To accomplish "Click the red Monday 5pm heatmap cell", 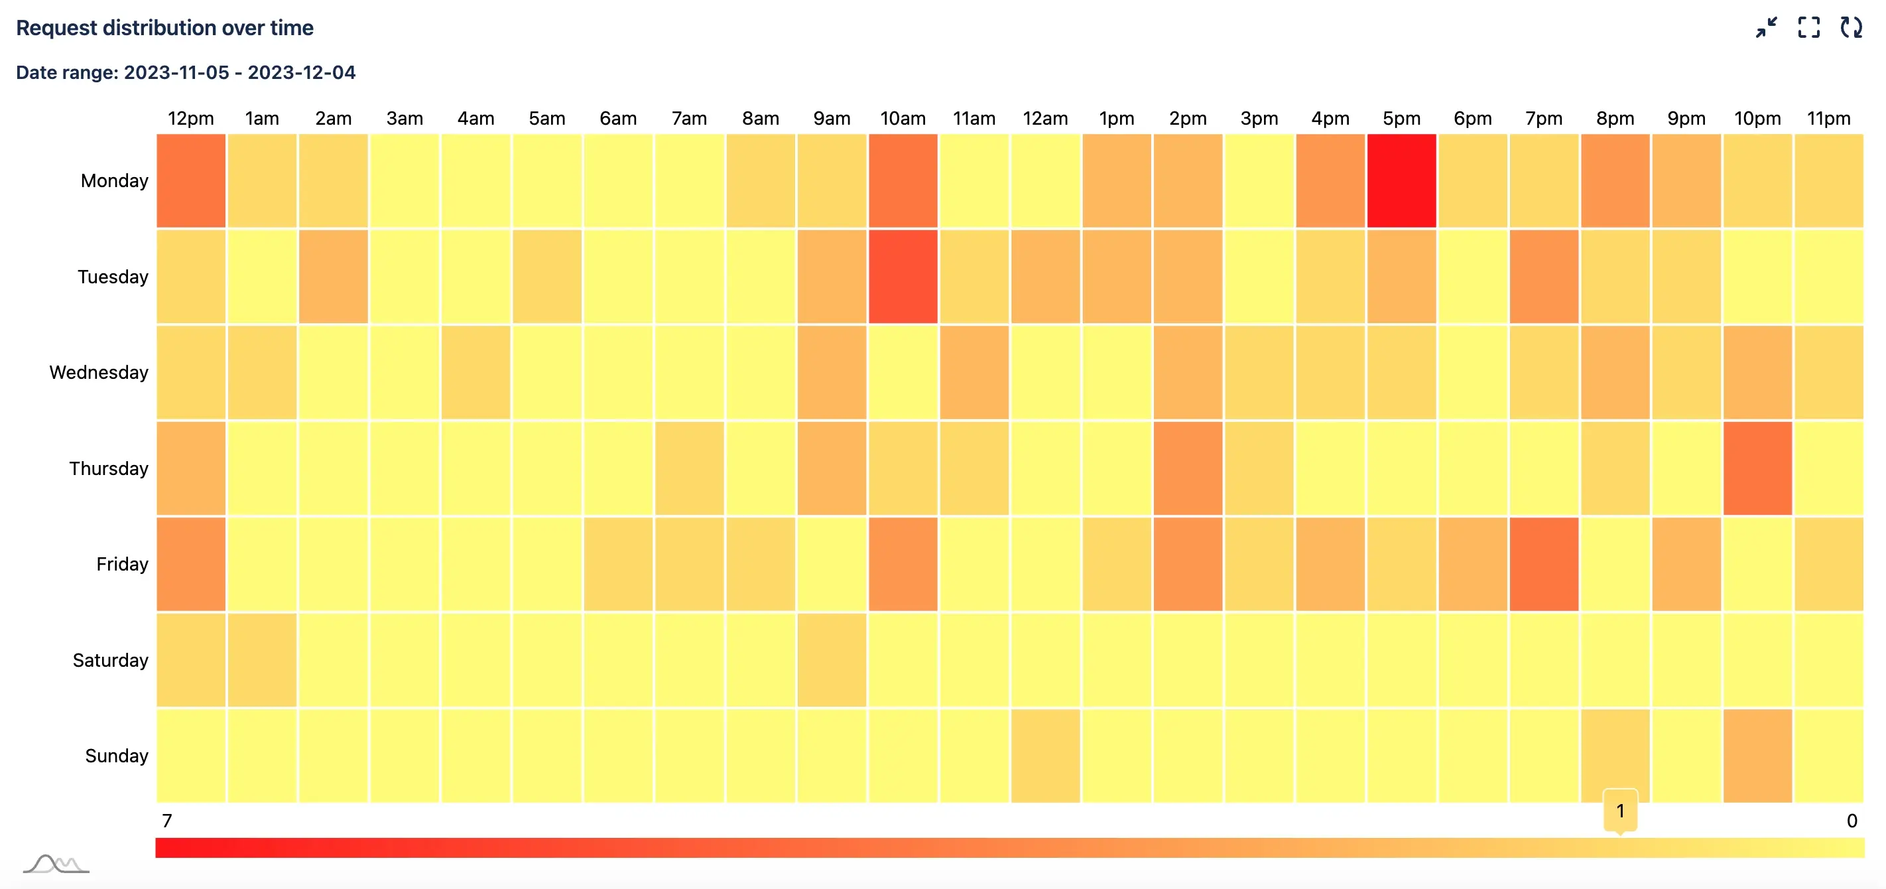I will pos(1401,180).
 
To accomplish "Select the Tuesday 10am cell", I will pos(902,276).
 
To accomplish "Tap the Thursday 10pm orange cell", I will pos(1757,468).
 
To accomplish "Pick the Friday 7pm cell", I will pos(1542,564).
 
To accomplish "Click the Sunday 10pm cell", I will pos(1757,755).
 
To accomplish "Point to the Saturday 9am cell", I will pos(831,660).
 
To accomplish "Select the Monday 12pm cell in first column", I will pos(190,180).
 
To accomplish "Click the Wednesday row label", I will pos(99,372).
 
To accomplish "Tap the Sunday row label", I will pos(117,755).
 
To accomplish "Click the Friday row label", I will pos(121,564).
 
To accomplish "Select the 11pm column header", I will pos(1828,118).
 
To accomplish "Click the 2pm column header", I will pos(1187,118).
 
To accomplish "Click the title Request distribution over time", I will pos(164,28).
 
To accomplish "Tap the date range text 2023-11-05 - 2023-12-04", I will pos(239,72).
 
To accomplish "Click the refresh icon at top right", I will pos(1851,28).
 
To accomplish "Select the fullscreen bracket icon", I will pos(1808,28).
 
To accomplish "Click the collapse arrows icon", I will pos(1766,28).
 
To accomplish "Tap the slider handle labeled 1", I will pos(1619,811).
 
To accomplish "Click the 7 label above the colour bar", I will pos(167,820).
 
